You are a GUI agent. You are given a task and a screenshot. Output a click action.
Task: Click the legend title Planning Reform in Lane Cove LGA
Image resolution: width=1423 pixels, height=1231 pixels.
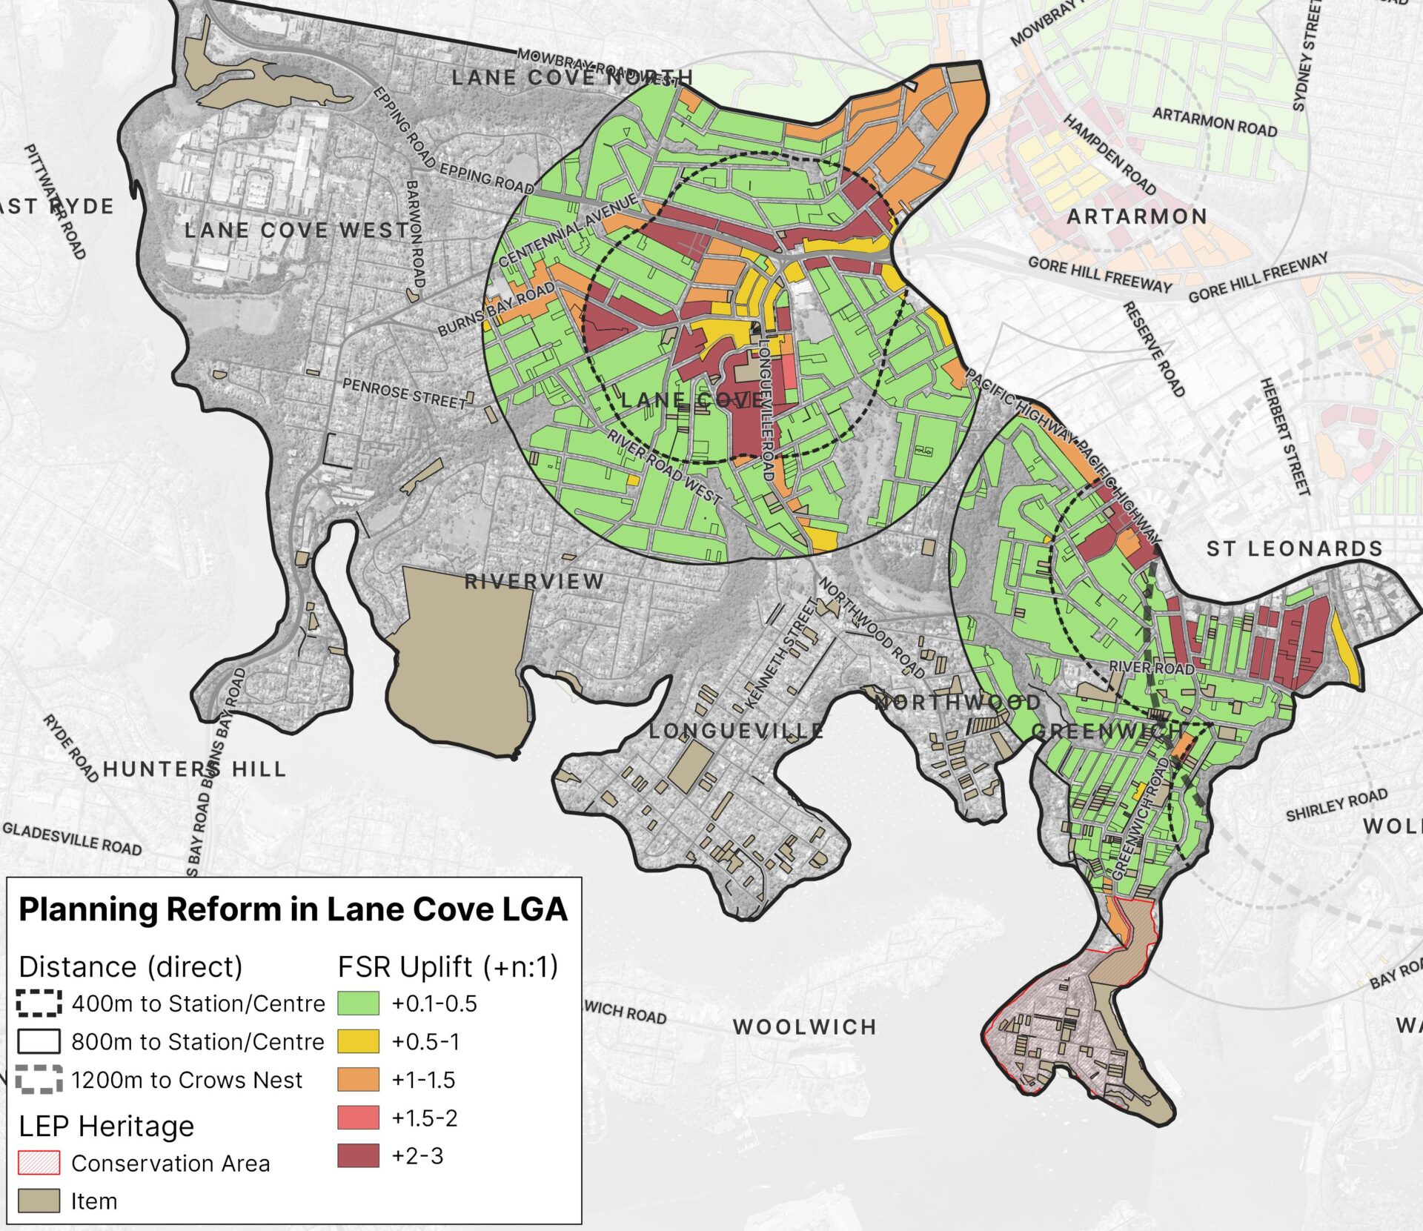[x=293, y=909]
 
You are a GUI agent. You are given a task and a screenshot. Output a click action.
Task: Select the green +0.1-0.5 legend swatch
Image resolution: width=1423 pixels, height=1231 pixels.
[x=358, y=1003]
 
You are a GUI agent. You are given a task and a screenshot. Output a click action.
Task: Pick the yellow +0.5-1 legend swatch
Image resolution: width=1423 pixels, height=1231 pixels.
[x=358, y=1041]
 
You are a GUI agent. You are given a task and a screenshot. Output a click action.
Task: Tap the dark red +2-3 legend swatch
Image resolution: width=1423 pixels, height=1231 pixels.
[x=358, y=1155]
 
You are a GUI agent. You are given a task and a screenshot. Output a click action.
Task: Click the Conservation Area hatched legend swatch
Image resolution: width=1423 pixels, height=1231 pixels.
[x=39, y=1163]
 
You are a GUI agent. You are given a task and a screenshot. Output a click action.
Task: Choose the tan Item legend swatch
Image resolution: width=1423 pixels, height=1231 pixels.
[x=39, y=1201]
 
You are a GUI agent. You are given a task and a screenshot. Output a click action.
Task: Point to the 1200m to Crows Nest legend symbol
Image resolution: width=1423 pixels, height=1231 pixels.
[x=39, y=1080]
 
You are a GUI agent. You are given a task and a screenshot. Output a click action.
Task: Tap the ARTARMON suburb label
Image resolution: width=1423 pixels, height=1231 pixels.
[x=1137, y=216]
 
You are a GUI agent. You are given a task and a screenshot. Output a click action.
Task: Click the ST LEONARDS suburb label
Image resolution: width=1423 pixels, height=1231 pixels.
[x=1294, y=548]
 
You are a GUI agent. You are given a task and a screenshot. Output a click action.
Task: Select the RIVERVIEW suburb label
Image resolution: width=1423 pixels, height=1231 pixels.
[x=534, y=582]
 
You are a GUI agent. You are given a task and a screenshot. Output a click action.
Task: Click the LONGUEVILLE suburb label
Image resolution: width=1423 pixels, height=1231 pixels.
[x=736, y=731]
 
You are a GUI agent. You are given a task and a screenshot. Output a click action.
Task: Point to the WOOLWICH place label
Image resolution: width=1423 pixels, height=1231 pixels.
[x=805, y=1027]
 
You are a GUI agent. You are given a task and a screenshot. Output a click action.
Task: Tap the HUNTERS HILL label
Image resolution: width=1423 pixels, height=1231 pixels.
[x=194, y=769]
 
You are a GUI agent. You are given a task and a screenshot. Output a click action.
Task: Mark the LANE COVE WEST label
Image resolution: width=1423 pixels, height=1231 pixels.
[x=296, y=230]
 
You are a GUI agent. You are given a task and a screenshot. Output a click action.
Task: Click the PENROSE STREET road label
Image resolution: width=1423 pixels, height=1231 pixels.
[x=405, y=394]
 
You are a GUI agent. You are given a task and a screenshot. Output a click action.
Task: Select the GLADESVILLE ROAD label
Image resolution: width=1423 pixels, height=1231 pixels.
[x=72, y=839]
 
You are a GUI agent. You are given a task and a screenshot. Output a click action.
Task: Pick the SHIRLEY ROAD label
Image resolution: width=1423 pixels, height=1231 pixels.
[x=1336, y=806]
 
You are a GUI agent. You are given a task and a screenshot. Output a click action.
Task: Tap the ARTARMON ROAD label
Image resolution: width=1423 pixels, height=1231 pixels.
[x=1215, y=122]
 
